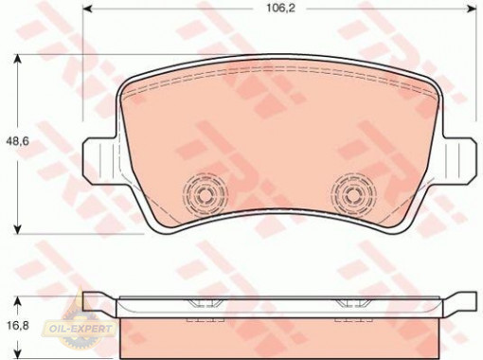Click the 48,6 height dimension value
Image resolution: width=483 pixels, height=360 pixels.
[18, 141]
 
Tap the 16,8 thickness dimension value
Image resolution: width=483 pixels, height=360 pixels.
[17, 325]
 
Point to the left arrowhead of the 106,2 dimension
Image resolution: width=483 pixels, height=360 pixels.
[87, 9]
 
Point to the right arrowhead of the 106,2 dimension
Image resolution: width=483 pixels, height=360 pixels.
[472, 9]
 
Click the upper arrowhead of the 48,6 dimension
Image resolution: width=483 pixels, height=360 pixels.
[18, 60]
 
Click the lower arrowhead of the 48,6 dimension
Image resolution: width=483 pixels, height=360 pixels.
[18, 229]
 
